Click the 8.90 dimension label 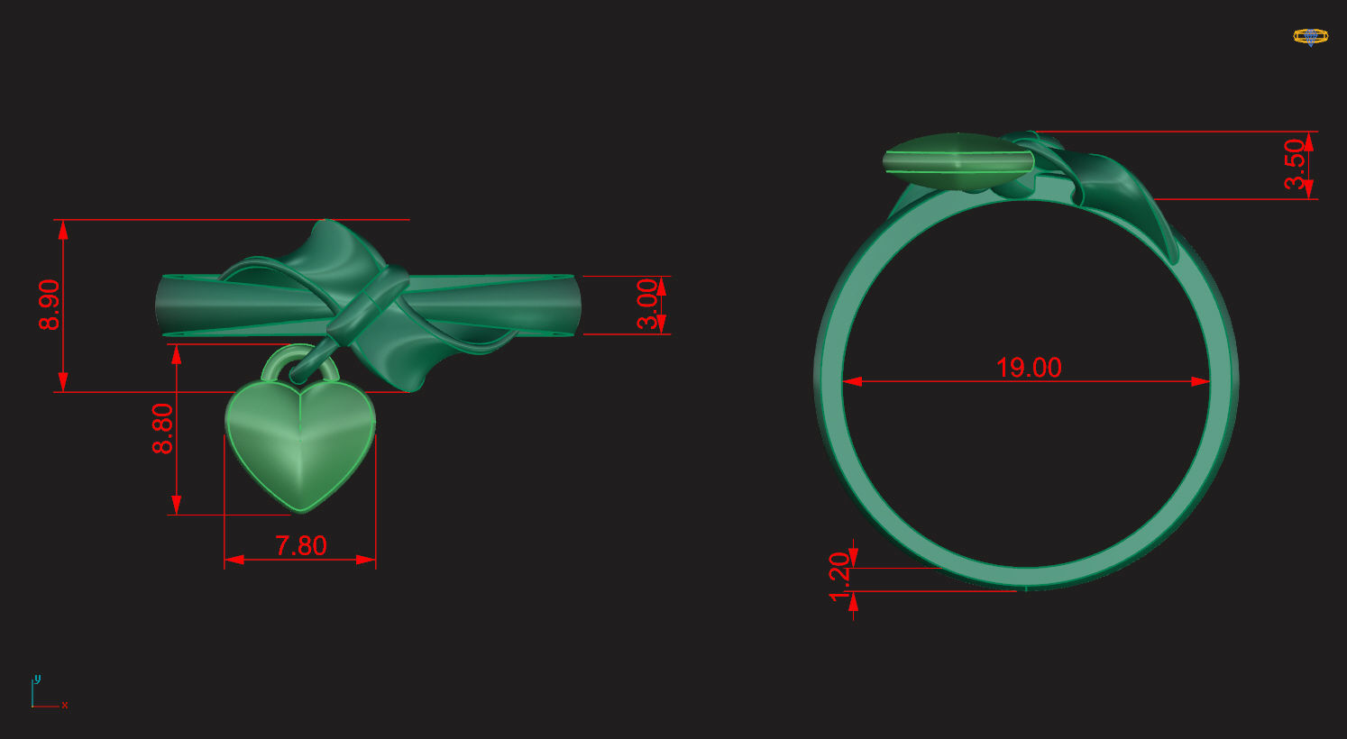point(50,305)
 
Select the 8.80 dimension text point(163,428)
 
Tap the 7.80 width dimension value point(300,545)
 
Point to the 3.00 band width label point(648,305)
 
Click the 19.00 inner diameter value point(1029,368)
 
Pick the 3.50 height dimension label point(1296,164)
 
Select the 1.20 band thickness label point(839,577)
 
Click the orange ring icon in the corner point(1310,37)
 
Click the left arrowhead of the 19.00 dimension point(852,381)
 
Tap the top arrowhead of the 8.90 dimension point(63,229)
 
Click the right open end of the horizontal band point(573,306)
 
